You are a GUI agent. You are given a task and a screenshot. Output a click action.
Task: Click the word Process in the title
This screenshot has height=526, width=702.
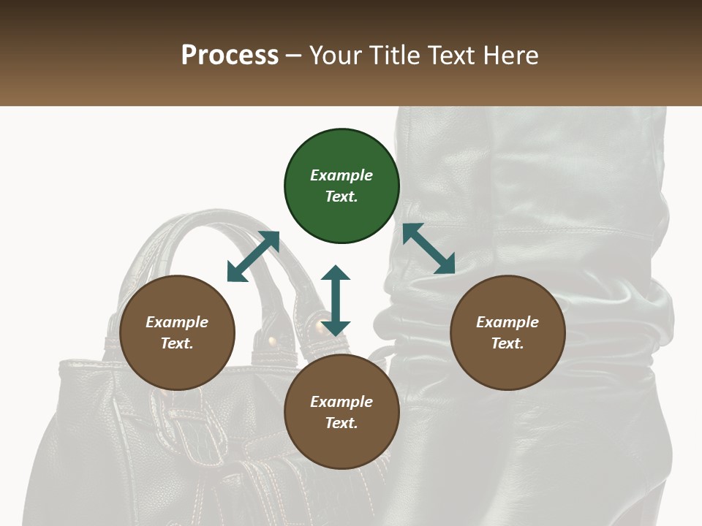pos(230,56)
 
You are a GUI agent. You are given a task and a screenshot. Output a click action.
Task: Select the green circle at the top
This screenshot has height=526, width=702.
pos(341,186)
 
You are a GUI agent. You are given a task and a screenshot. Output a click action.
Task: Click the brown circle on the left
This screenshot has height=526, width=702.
pos(177,333)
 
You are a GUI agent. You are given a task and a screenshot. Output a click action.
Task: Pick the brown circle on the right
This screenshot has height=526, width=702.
pos(507,333)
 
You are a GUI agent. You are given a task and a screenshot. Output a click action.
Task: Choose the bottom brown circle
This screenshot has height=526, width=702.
pos(341,413)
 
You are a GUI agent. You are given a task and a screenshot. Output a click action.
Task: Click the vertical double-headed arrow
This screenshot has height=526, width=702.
pos(336,300)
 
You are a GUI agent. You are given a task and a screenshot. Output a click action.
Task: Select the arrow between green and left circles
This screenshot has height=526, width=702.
pos(253,256)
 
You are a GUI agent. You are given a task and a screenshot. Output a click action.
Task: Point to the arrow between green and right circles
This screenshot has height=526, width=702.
pos(429,248)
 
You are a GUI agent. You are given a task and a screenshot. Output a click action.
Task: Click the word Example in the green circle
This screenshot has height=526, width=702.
pos(341,175)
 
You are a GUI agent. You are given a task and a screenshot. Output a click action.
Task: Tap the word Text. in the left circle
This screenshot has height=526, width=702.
pos(177,343)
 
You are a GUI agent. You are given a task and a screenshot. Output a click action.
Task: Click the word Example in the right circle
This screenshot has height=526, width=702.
pos(507,322)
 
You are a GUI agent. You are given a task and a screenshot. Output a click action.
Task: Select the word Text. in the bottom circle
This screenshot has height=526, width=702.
pos(341,423)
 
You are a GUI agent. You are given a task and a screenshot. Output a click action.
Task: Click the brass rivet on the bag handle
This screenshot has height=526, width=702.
pos(273,340)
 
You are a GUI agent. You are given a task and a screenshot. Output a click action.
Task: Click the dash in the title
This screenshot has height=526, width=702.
pos(294,56)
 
